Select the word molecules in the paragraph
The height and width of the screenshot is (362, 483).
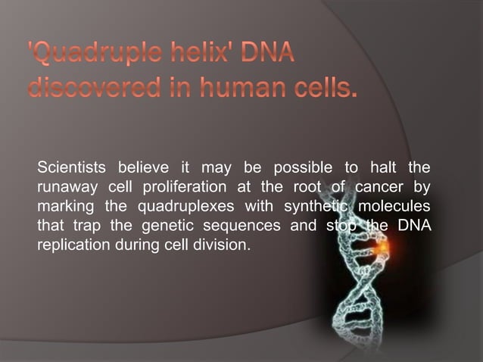pos(394,206)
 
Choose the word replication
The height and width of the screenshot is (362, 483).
pos(70,245)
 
